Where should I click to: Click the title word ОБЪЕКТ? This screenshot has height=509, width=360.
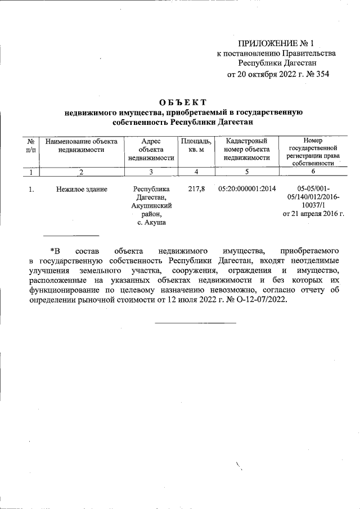coord(183,102)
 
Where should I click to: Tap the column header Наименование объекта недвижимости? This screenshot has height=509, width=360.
coord(82,146)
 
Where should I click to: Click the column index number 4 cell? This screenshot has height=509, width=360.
coord(196,172)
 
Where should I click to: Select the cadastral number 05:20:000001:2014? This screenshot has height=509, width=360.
coord(246,189)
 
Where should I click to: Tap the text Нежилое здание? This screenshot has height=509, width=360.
coord(82,190)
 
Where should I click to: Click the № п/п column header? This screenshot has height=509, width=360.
coord(32,146)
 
